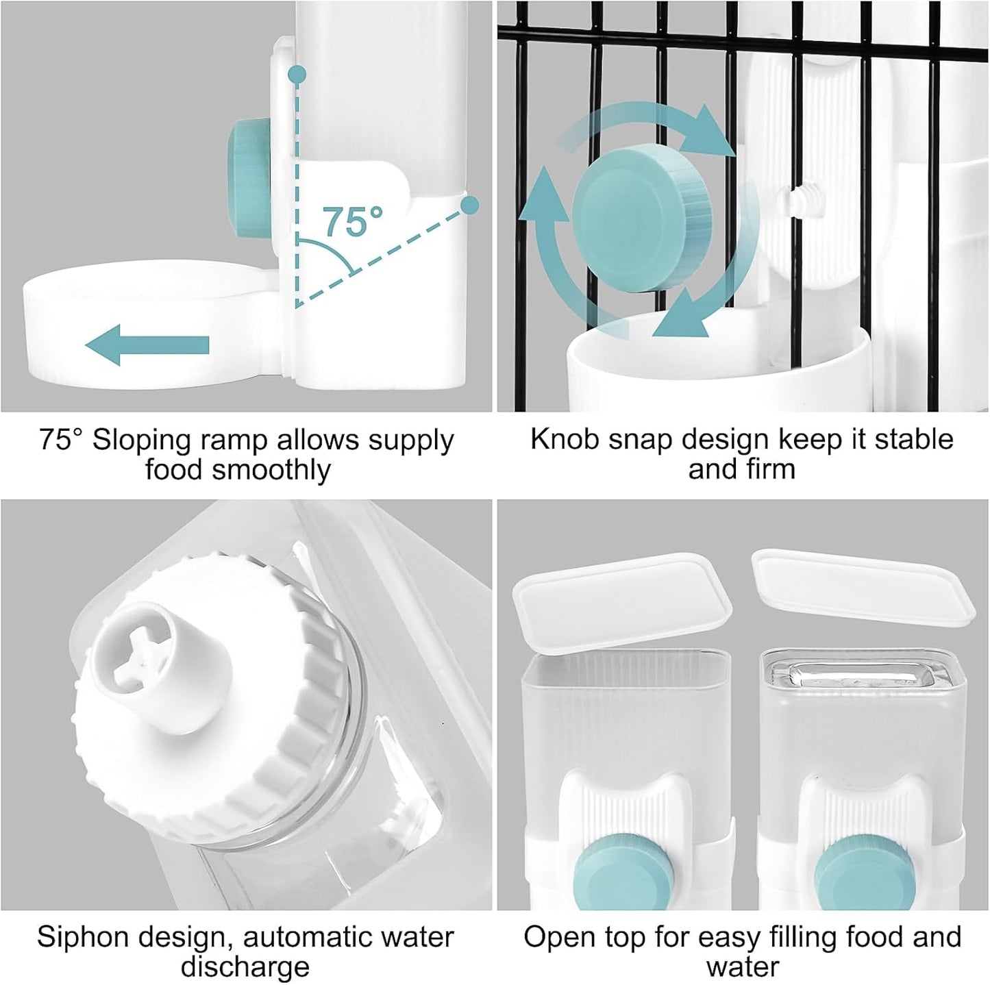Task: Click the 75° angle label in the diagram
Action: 353,221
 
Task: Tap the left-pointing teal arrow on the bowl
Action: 147,345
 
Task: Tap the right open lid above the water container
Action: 863,586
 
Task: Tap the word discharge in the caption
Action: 245,967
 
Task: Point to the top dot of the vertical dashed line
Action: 296,73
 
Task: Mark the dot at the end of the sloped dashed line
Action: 469,205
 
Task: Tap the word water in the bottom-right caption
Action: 743,967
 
